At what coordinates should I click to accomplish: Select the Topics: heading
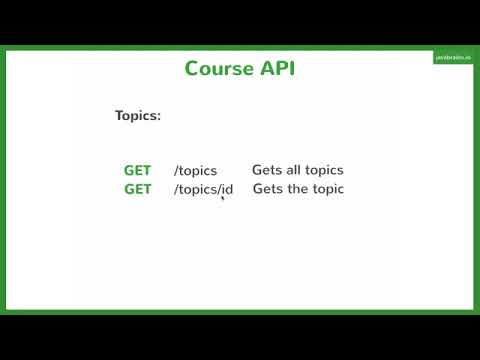[x=137, y=116]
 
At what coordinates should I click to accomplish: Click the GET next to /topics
[x=137, y=170]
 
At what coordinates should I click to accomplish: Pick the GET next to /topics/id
[x=137, y=189]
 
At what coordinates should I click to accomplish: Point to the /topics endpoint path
[x=195, y=171]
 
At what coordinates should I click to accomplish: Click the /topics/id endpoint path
[x=203, y=189]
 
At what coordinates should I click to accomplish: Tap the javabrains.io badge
[x=452, y=58]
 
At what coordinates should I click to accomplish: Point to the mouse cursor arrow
[x=222, y=198]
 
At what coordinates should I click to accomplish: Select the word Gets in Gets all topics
[x=266, y=170]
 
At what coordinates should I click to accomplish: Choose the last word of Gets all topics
[x=323, y=171]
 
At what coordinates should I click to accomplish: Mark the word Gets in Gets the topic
[x=267, y=189]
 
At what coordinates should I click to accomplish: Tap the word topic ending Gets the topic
[x=328, y=190]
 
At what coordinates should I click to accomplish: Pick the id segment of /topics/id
[x=227, y=189]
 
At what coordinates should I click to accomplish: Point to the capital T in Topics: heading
[x=119, y=116]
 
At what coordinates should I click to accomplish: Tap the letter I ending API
[x=292, y=69]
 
